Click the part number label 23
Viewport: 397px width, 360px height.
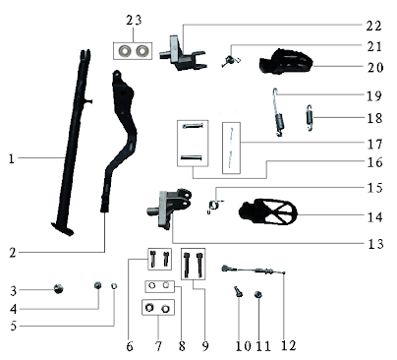(x=134, y=21)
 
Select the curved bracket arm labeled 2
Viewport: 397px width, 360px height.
(x=120, y=148)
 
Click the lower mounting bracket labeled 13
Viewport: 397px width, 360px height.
(x=170, y=203)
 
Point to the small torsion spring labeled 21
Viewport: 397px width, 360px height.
(x=232, y=61)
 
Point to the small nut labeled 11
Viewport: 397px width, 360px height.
(x=258, y=294)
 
